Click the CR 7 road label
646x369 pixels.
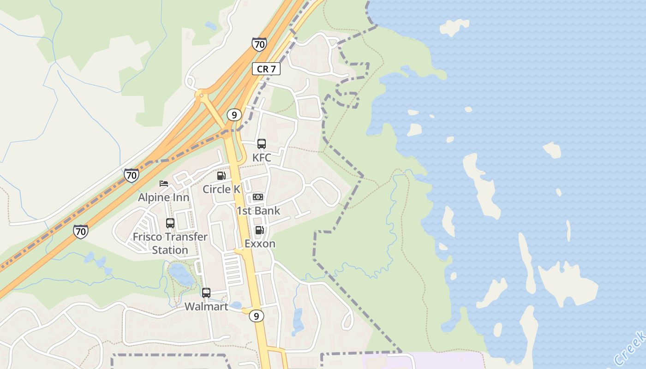tap(266, 69)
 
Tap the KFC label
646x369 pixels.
tap(262, 158)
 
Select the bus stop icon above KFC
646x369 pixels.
tap(262, 144)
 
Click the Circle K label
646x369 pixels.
tap(221, 189)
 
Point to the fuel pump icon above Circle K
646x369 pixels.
tap(221, 176)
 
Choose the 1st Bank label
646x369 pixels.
tap(258, 211)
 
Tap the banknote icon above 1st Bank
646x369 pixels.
tap(258, 197)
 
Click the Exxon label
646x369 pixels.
tap(260, 244)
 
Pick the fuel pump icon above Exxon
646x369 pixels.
tap(259, 230)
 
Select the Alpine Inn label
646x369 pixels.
tap(164, 197)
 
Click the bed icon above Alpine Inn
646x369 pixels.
tap(164, 184)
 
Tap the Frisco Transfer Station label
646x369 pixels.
tap(170, 244)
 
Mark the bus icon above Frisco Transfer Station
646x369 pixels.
tap(170, 223)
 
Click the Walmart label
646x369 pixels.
tap(206, 307)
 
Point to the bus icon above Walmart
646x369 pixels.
tap(206, 293)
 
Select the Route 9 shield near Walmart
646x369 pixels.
tap(257, 316)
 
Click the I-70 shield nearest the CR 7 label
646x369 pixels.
tap(259, 44)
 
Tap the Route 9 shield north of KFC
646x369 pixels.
tap(234, 114)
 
